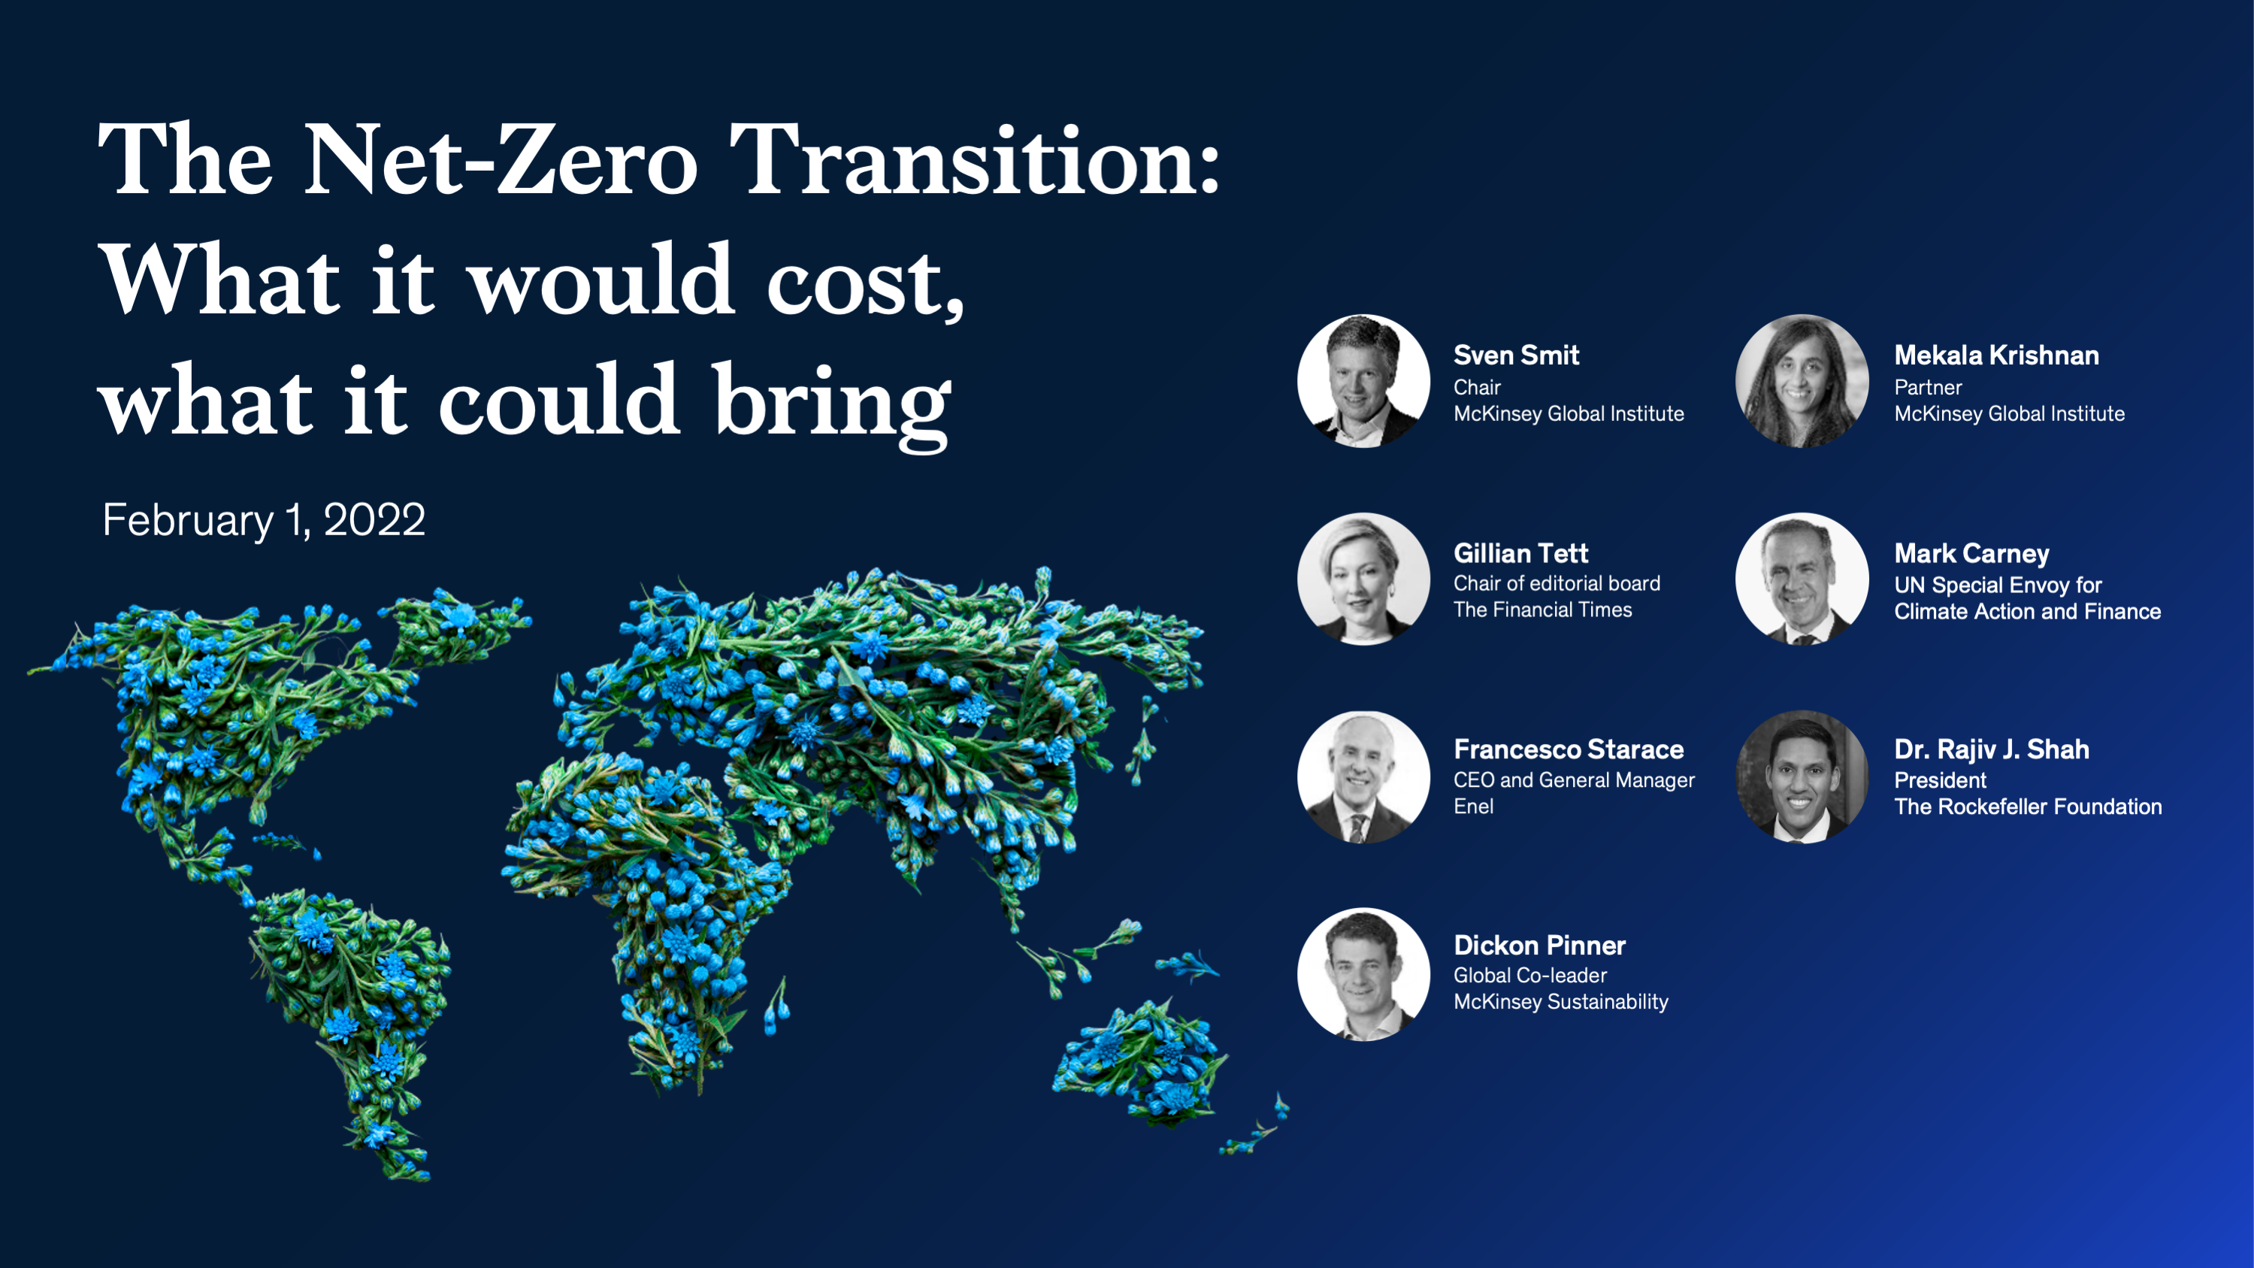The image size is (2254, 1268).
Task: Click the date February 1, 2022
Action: [x=263, y=521]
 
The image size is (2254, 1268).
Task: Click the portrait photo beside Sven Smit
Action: [x=1363, y=382]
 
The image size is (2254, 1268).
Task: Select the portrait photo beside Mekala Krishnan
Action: [x=1802, y=382]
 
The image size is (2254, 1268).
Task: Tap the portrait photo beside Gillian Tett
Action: [x=1363, y=580]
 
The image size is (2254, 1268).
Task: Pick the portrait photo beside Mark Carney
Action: [x=1802, y=580]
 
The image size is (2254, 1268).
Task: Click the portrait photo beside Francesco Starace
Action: [x=1363, y=777]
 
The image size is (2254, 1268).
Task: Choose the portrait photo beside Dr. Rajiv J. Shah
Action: [x=1802, y=777]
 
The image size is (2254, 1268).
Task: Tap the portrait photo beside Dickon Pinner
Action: [x=1363, y=974]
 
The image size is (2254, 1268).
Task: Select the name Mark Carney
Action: [x=1971, y=553]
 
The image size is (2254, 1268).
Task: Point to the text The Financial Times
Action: [x=1542, y=610]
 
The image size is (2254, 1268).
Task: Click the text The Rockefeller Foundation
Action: [x=2027, y=806]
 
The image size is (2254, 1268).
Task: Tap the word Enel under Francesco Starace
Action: [x=1474, y=806]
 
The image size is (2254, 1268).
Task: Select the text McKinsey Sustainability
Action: [x=1561, y=1002]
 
